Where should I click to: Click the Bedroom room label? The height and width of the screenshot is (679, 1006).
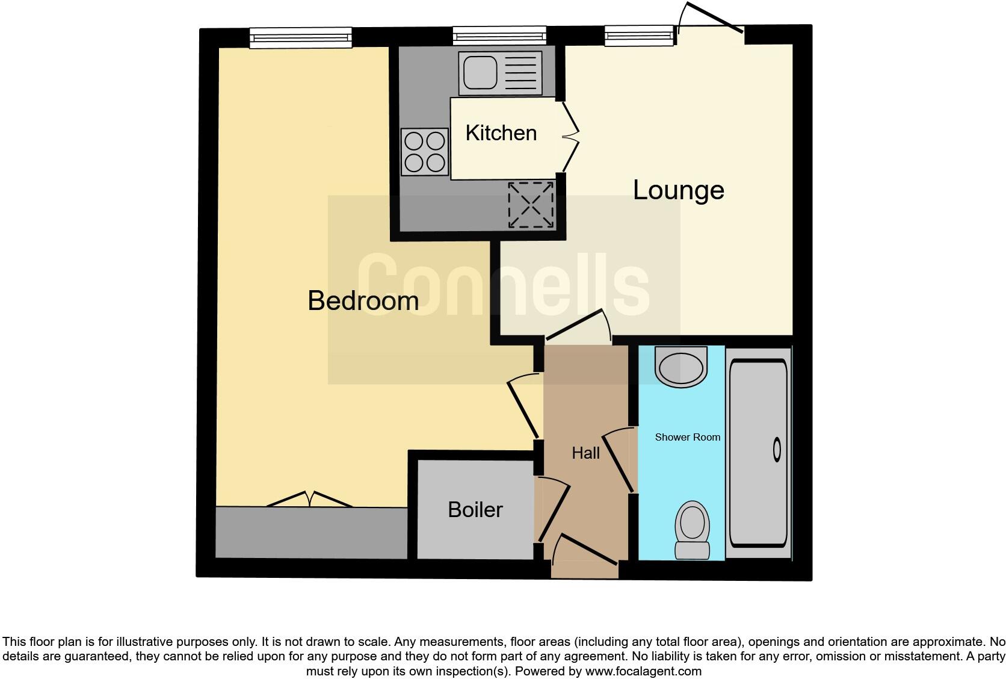pyautogui.click(x=363, y=300)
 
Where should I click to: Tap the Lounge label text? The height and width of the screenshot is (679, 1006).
pyautogui.click(x=678, y=190)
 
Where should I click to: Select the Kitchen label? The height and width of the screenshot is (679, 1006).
pyautogui.click(x=501, y=133)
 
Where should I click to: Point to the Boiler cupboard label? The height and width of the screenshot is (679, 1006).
pyautogui.click(x=475, y=510)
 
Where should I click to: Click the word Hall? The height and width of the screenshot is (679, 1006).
pyautogui.click(x=585, y=453)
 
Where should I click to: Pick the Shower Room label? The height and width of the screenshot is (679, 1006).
pyautogui.click(x=687, y=437)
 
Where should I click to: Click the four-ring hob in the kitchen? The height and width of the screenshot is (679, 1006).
pyautogui.click(x=425, y=152)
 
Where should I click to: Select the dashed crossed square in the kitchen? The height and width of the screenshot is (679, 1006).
pyautogui.click(x=531, y=205)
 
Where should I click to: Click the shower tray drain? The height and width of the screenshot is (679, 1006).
pyautogui.click(x=777, y=450)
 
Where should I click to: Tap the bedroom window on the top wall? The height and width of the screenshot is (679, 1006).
pyautogui.click(x=301, y=38)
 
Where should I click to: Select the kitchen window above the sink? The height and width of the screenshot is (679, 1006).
pyautogui.click(x=499, y=36)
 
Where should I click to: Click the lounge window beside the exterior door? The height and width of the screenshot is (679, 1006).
pyautogui.click(x=639, y=36)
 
